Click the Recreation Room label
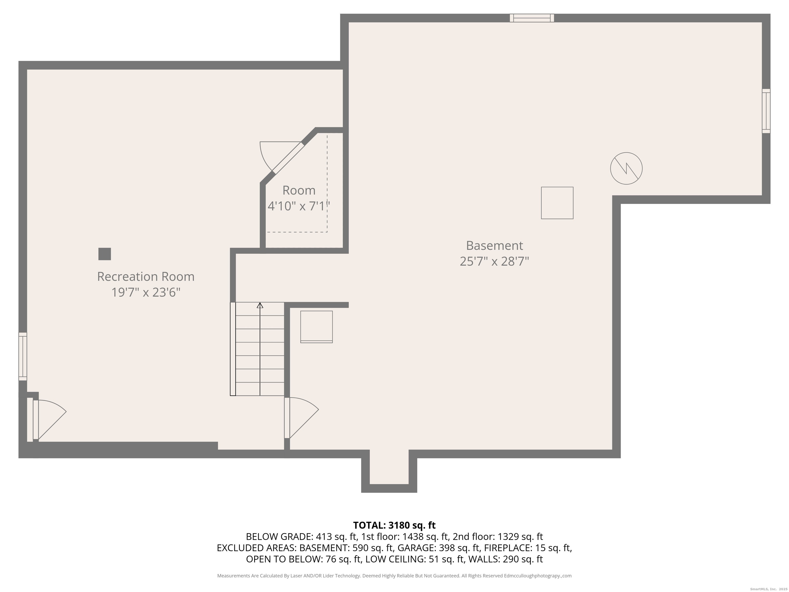pos(146,276)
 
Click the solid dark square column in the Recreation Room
pos(105,254)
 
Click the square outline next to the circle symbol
pos(557,203)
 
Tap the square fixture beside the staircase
pos(316,327)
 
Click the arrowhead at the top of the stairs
pos(260,306)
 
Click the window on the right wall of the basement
pos(766,111)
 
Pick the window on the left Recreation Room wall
pos(22,356)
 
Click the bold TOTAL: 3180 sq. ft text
pos(394,525)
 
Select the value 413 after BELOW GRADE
pos(323,537)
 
